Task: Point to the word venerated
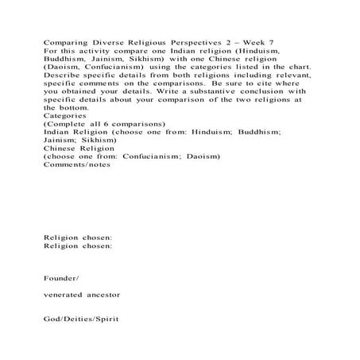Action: tap(69, 296)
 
